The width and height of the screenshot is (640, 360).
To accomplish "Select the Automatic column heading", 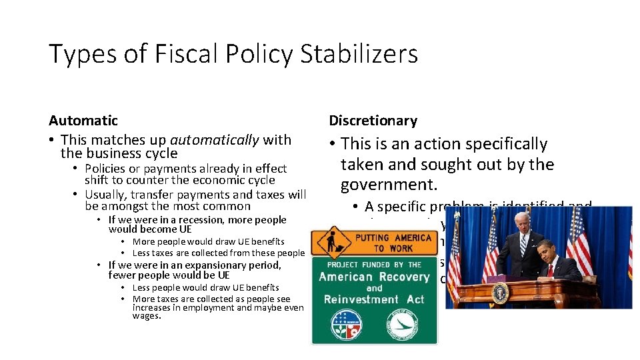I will pyautogui.click(x=83, y=121).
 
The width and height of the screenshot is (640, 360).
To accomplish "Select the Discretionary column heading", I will pyautogui.click(x=373, y=121).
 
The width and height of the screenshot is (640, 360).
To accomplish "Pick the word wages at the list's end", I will pyautogui.click(x=146, y=316).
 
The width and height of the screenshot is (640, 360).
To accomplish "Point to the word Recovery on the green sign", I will pyautogui.click(x=400, y=277).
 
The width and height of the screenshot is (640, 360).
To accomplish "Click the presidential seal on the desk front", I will pyautogui.click(x=501, y=293).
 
